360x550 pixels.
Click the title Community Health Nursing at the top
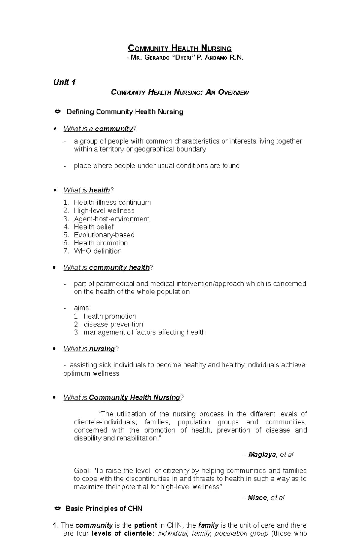[x=180, y=48]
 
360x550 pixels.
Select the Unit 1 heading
[x=64, y=82]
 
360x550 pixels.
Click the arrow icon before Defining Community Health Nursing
[x=57, y=112]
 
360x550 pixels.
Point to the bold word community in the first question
[x=114, y=129]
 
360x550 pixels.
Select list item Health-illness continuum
[x=112, y=203]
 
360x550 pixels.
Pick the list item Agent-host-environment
[x=111, y=219]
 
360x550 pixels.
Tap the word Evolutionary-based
[x=104, y=235]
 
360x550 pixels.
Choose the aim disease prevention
[x=113, y=324]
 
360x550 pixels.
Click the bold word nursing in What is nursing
[x=102, y=349]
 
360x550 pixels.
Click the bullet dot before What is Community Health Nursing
[x=54, y=398]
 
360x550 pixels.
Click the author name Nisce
[x=257, y=498]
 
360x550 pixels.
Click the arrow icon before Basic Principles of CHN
[x=57, y=509]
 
